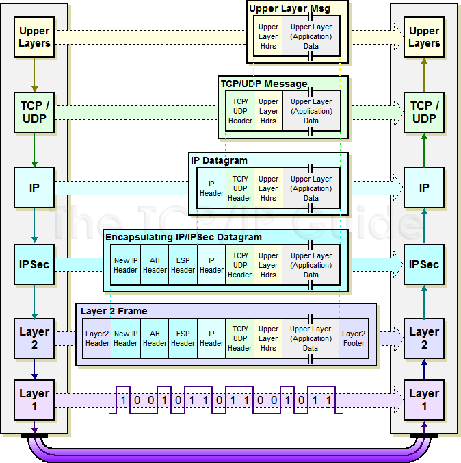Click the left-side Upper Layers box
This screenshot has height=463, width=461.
click(34, 37)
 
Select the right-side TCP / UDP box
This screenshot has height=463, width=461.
click(424, 112)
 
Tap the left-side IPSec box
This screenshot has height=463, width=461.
click(34, 264)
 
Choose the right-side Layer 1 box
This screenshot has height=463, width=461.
click(424, 400)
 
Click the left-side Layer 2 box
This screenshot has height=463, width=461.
click(34, 338)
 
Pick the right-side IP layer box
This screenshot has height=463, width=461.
click(424, 188)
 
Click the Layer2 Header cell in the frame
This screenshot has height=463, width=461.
click(97, 338)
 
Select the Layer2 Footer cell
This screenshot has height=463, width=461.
click(354, 338)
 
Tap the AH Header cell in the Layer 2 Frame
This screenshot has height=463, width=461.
click(155, 338)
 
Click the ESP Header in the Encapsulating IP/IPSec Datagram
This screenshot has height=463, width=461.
click(183, 265)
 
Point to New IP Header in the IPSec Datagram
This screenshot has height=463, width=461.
click(126, 265)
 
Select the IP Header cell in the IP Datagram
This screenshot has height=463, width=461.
click(211, 188)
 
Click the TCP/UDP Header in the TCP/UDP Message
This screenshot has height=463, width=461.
click(240, 111)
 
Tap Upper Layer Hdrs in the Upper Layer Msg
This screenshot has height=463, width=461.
click(268, 37)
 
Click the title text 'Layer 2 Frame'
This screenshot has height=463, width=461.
click(114, 311)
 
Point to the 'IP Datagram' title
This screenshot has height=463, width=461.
click(220, 160)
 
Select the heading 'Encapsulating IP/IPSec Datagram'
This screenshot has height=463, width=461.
click(183, 237)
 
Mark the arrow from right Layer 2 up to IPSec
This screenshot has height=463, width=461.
click(424, 301)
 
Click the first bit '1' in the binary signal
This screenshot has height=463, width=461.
click(124, 399)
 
